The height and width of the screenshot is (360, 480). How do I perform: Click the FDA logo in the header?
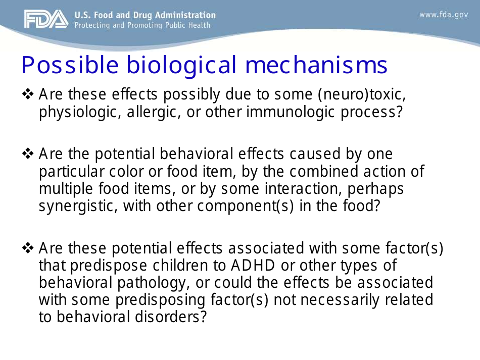tap(45, 19)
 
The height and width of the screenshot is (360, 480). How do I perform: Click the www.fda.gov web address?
tap(444, 15)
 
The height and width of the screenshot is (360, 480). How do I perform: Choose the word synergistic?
tap(74, 206)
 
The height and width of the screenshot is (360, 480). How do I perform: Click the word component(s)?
tap(244, 206)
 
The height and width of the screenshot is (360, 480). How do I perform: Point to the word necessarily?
tap(335, 299)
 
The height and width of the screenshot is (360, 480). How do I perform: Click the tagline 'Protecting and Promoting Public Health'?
tap(142, 25)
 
